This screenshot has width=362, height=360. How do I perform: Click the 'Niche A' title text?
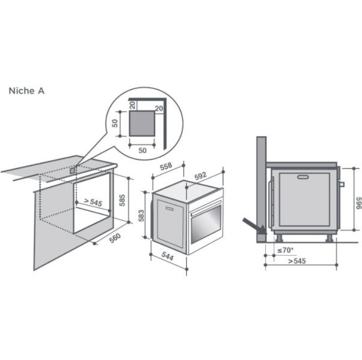tap(26, 91)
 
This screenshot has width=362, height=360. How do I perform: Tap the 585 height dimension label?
tap(122, 200)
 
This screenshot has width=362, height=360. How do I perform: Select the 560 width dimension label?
tap(115, 238)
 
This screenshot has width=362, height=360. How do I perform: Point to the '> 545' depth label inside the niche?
tap(93, 202)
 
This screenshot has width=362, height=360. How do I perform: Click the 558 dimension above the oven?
tap(166, 166)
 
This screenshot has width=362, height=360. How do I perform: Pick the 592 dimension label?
tap(200, 176)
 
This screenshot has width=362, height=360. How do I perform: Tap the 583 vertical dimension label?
tap(141, 215)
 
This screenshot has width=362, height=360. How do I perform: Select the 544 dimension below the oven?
tap(167, 256)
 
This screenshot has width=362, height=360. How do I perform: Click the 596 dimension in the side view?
tap(358, 203)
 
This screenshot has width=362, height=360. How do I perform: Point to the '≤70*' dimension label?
tap(285, 250)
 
